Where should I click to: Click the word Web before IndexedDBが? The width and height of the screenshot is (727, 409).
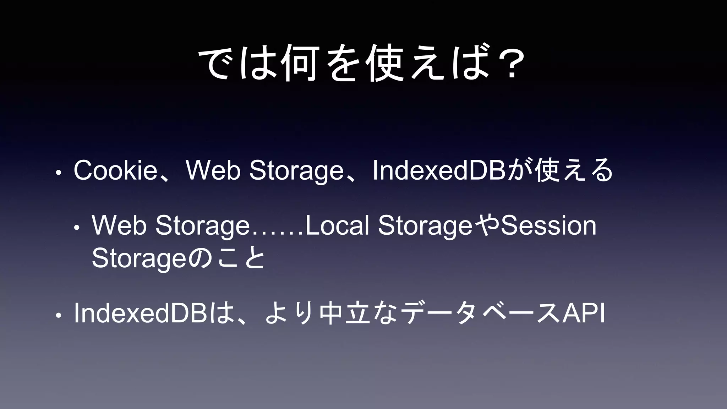click(213, 170)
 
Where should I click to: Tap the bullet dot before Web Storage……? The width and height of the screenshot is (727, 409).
click(77, 228)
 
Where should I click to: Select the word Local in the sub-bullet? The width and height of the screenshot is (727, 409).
click(337, 225)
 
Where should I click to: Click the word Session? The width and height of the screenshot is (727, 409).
click(548, 225)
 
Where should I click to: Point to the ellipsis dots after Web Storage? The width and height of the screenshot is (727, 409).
click(277, 233)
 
